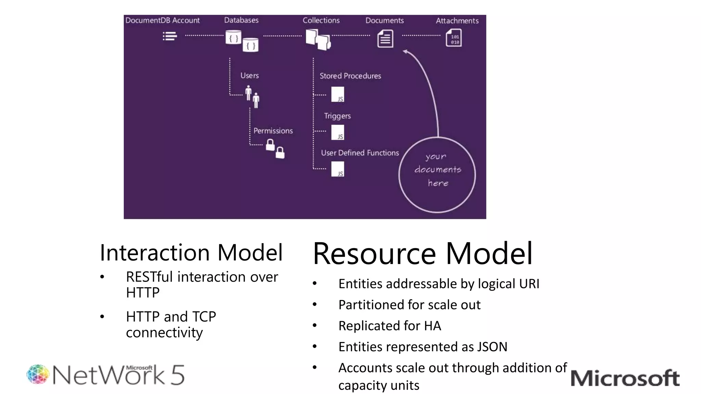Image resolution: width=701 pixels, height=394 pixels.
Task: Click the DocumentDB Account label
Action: click(162, 20)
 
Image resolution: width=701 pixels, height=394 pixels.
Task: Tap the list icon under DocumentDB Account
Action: click(170, 36)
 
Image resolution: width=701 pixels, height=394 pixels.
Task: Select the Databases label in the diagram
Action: click(241, 20)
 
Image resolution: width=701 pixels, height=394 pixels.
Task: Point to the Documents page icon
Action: click(385, 39)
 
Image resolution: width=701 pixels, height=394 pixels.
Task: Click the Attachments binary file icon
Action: click(454, 38)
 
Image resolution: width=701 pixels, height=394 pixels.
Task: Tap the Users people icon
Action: click(252, 97)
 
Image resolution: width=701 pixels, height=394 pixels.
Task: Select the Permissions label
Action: click(273, 131)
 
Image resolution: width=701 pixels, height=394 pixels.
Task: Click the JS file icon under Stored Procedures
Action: click(337, 94)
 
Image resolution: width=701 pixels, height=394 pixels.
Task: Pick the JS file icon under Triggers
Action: click(337, 132)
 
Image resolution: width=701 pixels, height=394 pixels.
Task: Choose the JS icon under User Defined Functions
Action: click(337, 169)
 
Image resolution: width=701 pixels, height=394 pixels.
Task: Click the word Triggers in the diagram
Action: click(337, 116)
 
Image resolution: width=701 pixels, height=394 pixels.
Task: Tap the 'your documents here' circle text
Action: click(437, 170)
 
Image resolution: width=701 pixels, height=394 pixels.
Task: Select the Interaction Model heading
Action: click(191, 253)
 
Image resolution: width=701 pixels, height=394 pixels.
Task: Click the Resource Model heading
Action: click(422, 253)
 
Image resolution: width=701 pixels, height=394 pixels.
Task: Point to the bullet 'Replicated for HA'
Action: click(390, 326)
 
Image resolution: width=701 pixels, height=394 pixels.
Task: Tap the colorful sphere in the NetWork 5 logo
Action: click(38, 374)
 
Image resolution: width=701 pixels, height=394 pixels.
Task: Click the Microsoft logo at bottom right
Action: click(625, 378)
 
